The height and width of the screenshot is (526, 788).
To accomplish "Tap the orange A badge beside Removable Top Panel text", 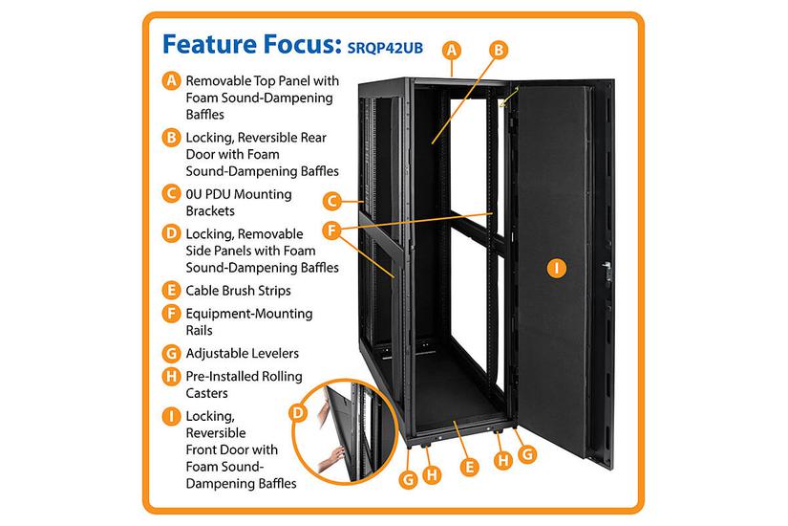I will tap(170, 81).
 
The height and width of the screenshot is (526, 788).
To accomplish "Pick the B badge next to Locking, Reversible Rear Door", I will tap(170, 138).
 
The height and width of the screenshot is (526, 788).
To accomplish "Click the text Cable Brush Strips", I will tap(238, 290).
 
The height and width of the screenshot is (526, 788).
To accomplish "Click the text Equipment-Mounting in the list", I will tap(249, 313).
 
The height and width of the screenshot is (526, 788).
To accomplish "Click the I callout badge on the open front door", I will tap(555, 269).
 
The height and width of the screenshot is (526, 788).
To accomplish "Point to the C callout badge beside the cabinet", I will tap(330, 201).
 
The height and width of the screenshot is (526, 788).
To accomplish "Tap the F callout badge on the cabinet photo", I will tap(330, 230).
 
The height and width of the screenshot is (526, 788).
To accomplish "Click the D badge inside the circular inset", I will tap(296, 413).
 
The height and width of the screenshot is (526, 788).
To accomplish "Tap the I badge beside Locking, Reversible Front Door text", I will tap(170, 417).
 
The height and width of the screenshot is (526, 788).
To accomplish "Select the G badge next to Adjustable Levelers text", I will tap(170, 352).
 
